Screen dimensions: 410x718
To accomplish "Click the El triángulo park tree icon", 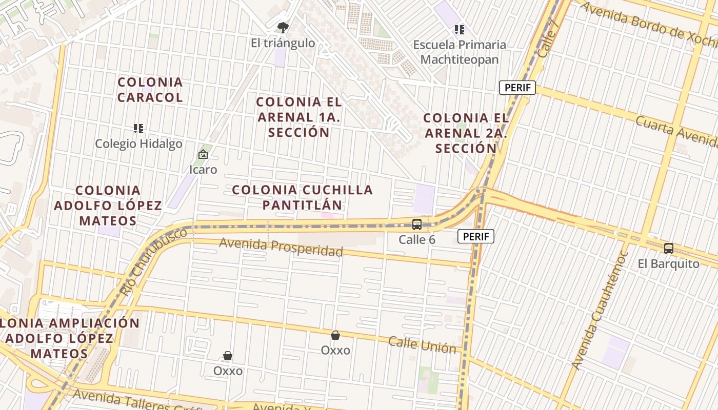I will click(283, 28).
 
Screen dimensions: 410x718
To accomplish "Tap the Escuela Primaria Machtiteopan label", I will click(460, 52).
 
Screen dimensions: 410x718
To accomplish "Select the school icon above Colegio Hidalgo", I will click(138, 128).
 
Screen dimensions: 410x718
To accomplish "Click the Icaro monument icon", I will click(203, 154).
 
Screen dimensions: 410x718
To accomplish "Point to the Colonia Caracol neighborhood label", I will click(150, 90).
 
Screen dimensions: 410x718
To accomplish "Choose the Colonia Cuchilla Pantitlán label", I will click(302, 197).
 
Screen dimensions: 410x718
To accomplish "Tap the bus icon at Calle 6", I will click(417, 224).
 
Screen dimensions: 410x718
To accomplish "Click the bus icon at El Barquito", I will click(669, 249).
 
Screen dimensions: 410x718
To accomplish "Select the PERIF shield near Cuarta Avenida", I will click(517, 88).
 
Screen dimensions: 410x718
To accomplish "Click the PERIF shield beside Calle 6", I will click(476, 236).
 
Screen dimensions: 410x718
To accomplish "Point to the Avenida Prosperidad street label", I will click(281, 248).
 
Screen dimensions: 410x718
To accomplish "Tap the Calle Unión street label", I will click(422, 345).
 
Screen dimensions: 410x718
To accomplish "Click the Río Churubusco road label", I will click(153, 262).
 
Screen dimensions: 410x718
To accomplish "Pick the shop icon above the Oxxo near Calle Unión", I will click(335, 335).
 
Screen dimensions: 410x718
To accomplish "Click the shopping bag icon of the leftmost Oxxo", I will click(228, 356).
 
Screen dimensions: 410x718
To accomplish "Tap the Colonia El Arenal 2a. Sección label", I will click(466, 133).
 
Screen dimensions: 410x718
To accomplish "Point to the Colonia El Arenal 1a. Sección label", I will click(299, 117).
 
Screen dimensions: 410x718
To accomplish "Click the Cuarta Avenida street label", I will click(675, 133).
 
